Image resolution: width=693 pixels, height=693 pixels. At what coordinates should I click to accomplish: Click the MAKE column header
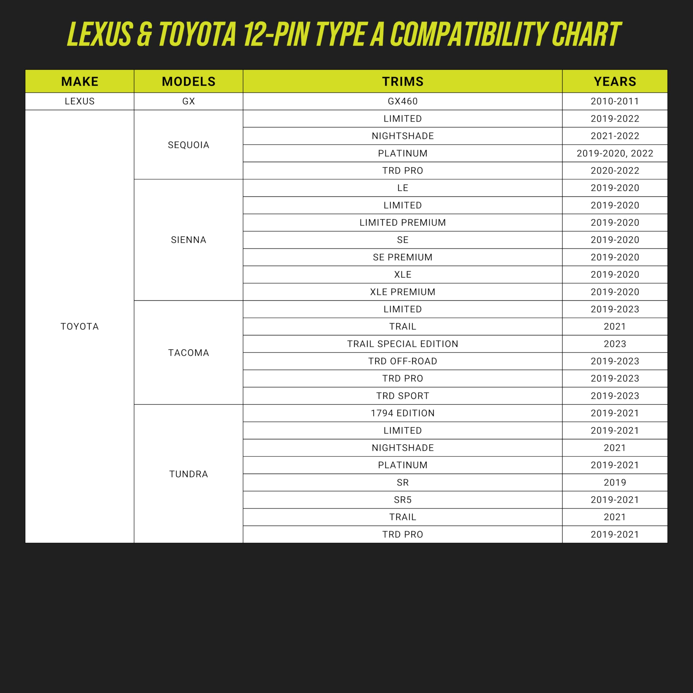(80, 81)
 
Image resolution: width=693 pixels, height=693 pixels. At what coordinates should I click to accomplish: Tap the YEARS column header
(614, 81)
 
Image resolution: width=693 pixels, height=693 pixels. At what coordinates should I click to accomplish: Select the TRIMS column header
(403, 81)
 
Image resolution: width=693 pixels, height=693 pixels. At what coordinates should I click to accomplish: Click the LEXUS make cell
(80, 101)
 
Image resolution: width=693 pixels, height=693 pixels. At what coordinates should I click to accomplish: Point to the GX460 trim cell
(403, 101)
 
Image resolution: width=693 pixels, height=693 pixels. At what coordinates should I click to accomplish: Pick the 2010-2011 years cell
(614, 101)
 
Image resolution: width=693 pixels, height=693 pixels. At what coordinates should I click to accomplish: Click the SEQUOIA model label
(188, 145)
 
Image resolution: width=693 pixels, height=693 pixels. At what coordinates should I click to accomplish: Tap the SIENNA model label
(188, 240)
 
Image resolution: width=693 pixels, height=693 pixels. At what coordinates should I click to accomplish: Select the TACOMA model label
(188, 353)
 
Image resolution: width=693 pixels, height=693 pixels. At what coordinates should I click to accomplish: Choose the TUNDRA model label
(188, 474)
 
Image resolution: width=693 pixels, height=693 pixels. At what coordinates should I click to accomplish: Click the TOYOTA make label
(80, 326)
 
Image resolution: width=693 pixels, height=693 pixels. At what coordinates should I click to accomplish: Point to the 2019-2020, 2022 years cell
(614, 153)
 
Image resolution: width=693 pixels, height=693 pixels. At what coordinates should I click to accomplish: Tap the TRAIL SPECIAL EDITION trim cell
(403, 344)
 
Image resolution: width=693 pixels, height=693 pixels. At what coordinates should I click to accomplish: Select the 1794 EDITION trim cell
(403, 413)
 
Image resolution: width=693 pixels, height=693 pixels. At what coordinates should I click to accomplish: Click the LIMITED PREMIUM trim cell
(403, 223)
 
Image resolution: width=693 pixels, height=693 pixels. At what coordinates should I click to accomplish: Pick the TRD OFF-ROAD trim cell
(403, 361)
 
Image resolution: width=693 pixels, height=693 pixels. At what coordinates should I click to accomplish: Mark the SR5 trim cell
(403, 500)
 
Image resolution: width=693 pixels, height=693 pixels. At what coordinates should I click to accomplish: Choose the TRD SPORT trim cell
(403, 396)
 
